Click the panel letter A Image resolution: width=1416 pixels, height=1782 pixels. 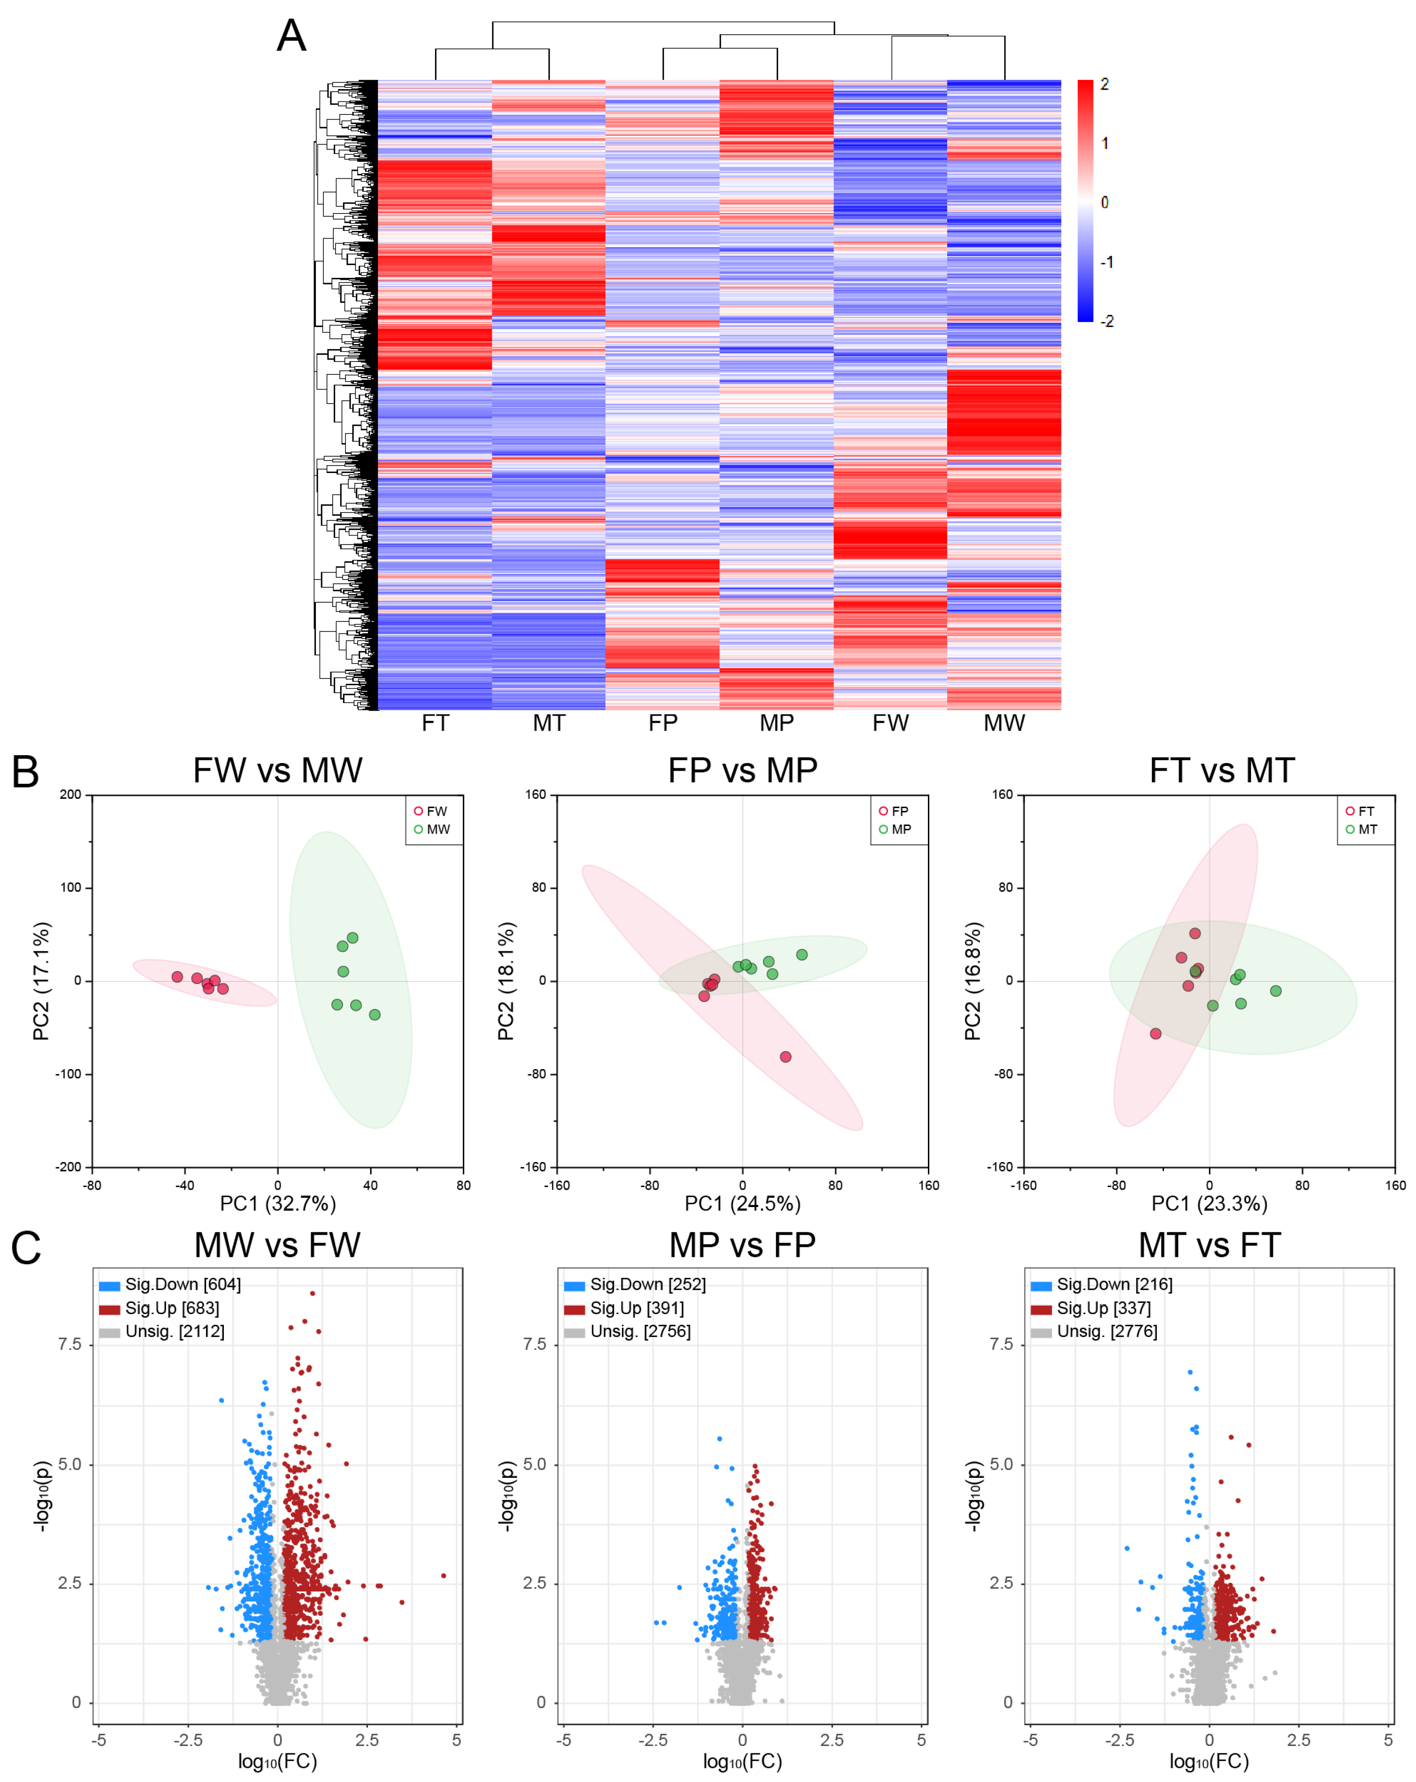[291, 36]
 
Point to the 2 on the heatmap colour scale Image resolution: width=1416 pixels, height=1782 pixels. [1104, 84]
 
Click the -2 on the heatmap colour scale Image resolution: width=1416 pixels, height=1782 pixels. [1107, 321]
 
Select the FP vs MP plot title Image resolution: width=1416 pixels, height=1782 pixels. [742, 770]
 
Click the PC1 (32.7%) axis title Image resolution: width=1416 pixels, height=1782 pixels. [278, 1203]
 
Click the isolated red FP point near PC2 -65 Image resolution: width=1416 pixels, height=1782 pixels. [785, 1056]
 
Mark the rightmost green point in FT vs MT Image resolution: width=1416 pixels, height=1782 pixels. [1276, 990]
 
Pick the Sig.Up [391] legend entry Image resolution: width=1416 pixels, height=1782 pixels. [636, 1308]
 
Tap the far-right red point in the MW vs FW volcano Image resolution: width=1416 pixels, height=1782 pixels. [444, 1576]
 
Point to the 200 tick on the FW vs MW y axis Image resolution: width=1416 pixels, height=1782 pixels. [70, 795]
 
